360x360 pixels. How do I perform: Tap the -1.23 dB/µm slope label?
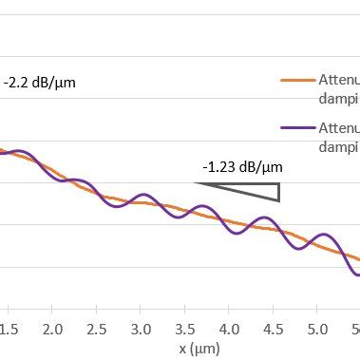click(242, 168)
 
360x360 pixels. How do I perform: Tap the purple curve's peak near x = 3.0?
click(142, 196)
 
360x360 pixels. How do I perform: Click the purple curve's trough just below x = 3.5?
click(180, 218)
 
